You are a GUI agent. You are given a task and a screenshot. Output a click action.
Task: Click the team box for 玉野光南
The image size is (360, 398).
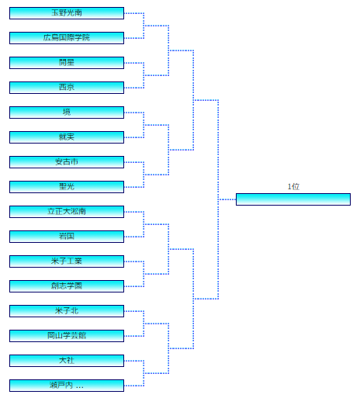coord(67,13)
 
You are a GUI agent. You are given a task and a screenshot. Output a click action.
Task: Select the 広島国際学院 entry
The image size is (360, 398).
coord(67,38)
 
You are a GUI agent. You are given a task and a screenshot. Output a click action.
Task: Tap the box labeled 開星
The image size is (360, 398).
coord(67,63)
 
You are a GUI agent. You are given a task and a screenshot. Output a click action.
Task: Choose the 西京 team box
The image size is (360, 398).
coord(67,88)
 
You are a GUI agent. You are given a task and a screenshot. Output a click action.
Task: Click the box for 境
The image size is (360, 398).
coord(67,112)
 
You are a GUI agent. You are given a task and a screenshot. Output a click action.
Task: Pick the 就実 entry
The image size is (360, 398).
coord(67,137)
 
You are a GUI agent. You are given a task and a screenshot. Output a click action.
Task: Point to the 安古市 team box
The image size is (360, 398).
coord(67,162)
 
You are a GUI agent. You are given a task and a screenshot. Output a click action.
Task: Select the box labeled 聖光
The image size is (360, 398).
coord(67,187)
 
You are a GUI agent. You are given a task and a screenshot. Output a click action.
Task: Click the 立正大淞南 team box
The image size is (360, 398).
coord(67,212)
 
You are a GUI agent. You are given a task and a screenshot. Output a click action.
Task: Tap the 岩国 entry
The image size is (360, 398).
coord(67,237)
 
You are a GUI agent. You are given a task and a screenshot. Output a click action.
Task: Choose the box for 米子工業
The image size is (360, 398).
coord(67,261)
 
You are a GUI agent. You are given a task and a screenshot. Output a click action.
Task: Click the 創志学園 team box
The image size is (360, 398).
coord(67,286)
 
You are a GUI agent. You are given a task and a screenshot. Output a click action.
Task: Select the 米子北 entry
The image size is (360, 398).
coord(67,311)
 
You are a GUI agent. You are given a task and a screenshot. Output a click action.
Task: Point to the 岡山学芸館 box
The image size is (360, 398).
coord(67,336)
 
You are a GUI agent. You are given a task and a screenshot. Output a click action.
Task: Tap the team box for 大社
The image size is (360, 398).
coord(67,361)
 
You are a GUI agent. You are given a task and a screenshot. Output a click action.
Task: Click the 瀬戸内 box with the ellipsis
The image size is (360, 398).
coord(67,386)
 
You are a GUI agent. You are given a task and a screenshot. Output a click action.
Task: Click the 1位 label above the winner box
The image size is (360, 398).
coord(293,186)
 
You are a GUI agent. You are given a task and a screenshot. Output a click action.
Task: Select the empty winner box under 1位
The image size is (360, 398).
coord(293,199)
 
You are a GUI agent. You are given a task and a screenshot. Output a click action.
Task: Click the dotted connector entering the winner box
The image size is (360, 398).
coord(227,199)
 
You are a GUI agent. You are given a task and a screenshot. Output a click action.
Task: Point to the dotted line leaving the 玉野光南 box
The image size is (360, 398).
coord(134,13)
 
